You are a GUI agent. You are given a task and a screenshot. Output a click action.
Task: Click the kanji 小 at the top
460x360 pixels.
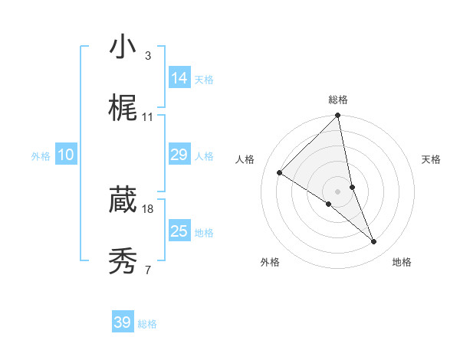click(123, 47)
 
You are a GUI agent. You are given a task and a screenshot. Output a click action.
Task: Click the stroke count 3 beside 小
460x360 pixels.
click(147, 56)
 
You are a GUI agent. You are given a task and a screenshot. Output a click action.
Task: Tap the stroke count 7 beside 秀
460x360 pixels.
click(147, 270)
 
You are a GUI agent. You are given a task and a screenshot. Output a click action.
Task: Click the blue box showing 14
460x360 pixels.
click(179, 78)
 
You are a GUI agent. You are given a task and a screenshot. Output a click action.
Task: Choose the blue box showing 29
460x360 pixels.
click(179, 155)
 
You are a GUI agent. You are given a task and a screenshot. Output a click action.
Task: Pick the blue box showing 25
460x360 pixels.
click(179, 231)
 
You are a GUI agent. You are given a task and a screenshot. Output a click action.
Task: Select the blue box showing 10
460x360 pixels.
click(66, 155)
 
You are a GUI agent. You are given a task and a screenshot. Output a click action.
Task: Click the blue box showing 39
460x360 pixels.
click(123, 322)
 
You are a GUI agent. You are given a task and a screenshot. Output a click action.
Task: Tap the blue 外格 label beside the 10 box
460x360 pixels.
click(41, 156)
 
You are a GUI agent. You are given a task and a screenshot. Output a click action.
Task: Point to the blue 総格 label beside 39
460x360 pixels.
click(147, 324)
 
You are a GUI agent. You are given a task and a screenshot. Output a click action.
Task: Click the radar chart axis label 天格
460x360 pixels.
click(431, 159)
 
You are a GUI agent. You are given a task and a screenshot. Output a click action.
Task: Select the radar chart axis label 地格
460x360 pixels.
click(402, 262)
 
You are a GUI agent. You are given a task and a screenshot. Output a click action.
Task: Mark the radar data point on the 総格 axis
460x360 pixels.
click(337, 116)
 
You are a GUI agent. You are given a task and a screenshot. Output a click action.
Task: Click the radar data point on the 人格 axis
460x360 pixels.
click(280, 173)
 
